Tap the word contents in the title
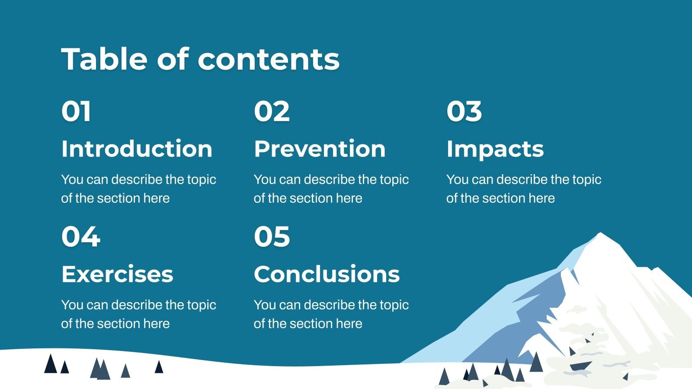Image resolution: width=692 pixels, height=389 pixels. (x=269, y=59)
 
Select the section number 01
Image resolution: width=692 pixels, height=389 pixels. (x=76, y=112)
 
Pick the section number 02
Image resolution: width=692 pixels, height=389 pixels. (x=272, y=112)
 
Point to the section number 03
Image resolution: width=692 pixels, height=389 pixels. (x=464, y=112)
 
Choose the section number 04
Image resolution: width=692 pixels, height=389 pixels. (x=81, y=237)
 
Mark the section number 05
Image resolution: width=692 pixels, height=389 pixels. (x=272, y=237)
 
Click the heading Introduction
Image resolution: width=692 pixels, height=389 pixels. (x=137, y=149)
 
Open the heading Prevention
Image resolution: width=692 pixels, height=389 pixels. (x=320, y=149)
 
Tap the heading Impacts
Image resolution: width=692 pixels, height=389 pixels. (x=495, y=149)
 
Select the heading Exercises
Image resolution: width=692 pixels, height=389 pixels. (x=117, y=274)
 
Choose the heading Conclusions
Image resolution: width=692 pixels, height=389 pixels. (x=327, y=274)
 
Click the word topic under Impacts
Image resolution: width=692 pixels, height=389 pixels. (x=586, y=179)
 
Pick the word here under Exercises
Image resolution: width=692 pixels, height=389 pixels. (x=157, y=324)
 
